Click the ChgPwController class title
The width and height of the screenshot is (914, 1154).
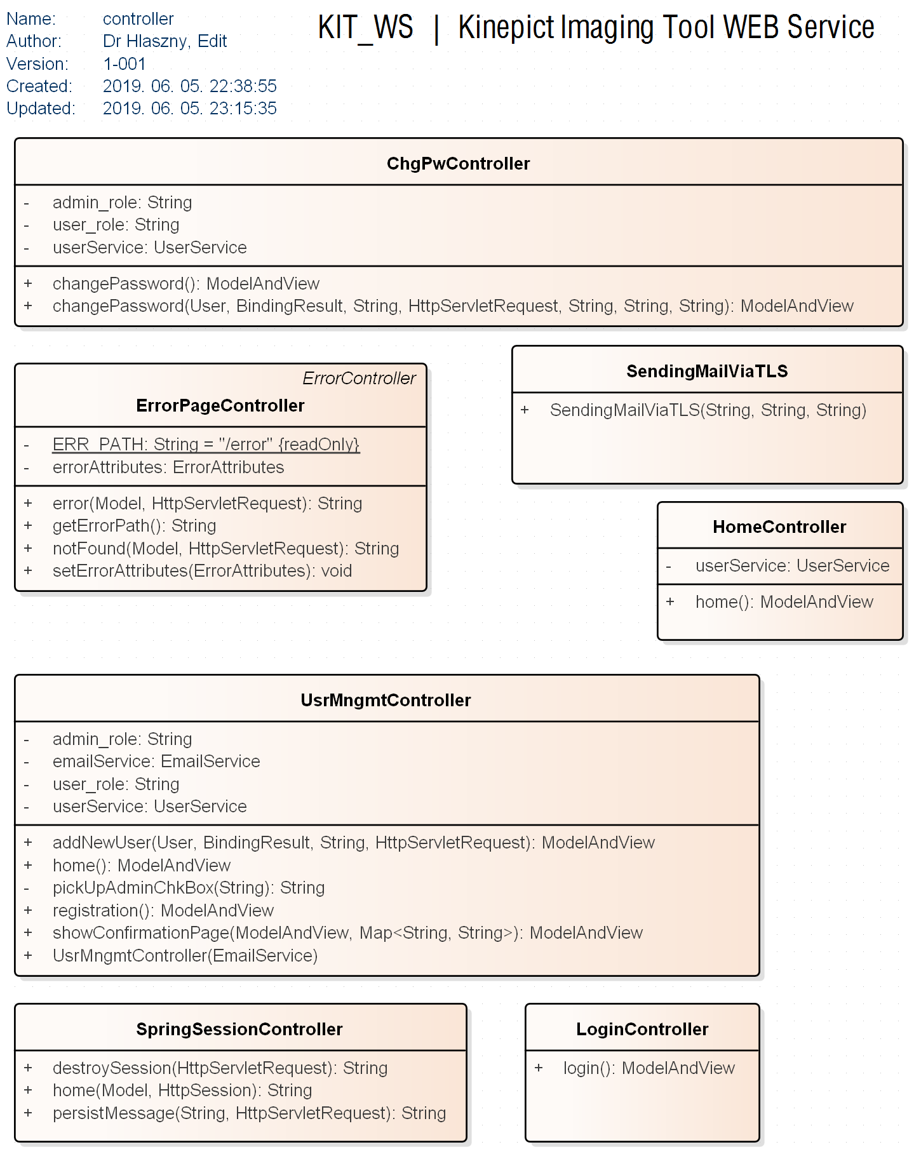458,164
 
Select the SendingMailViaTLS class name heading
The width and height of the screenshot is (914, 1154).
706,372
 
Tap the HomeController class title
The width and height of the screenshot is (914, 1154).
779,527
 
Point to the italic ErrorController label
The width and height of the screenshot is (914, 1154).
359,379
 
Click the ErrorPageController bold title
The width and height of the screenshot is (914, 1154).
220,406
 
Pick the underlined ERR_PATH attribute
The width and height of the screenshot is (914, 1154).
206,445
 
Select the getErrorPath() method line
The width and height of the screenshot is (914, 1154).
134,526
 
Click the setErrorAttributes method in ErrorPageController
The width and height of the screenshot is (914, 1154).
202,571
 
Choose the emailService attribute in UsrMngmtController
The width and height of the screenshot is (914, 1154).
156,762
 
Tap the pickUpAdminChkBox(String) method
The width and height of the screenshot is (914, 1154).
188,888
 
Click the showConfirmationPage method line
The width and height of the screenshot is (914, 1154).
347,933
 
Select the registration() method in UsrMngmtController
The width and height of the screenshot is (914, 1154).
163,911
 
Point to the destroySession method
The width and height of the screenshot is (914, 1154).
220,1068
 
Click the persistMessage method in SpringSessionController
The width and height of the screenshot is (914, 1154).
249,1113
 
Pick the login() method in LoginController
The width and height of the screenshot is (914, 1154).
649,1068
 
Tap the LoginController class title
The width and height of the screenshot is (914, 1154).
642,1030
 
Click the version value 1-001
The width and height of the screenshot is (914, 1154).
124,64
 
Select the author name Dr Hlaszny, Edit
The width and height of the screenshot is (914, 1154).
165,41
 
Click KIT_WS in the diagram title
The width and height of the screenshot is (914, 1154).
365,28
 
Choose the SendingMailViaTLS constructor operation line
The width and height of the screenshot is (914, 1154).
708,410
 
